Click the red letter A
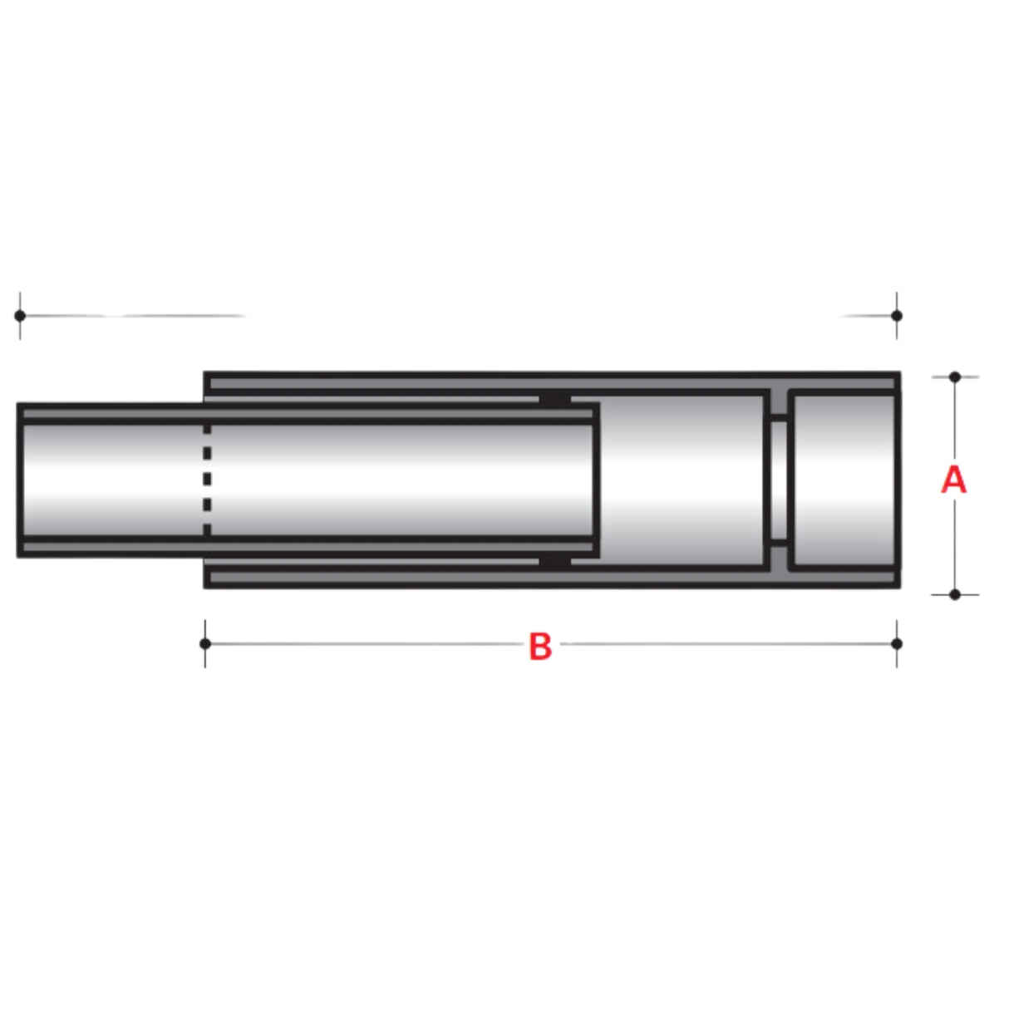pyautogui.click(x=953, y=480)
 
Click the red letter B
pyautogui.click(x=540, y=646)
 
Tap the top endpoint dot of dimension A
pyautogui.click(x=954, y=377)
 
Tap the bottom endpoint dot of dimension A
pyautogui.click(x=954, y=594)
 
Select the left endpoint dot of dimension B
pyautogui.click(x=205, y=643)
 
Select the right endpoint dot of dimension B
pyautogui.click(x=896, y=643)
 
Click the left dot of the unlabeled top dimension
pyautogui.click(x=20, y=316)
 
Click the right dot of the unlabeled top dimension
pyautogui.click(x=896, y=316)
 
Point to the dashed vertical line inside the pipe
pyautogui.click(x=207, y=480)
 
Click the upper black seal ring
pyautogui.click(x=555, y=400)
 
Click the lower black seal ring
pyautogui.click(x=555, y=562)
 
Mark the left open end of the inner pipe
pyautogui.click(x=20, y=480)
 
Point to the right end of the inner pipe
pyautogui.click(x=594, y=480)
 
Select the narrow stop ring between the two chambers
pyautogui.click(x=777, y=480)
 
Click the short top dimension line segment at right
pyautogui.click(x=869, y=316)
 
